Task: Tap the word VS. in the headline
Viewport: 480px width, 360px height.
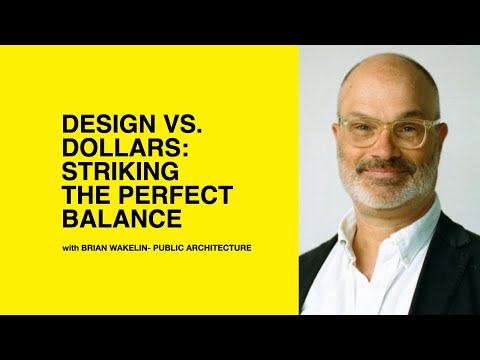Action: [163, 128]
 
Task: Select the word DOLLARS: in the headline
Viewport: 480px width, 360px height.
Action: [114, 150]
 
